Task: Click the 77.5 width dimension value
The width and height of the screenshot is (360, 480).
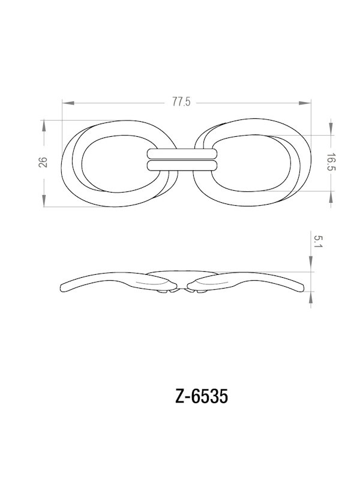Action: (181, 102)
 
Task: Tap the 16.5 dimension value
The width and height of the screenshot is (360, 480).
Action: (331, 162)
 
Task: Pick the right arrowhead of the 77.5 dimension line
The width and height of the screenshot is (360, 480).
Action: (308, 103)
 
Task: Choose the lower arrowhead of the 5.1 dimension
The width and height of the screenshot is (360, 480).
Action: (311, 295)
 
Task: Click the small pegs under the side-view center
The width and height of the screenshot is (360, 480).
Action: (180, 292)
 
